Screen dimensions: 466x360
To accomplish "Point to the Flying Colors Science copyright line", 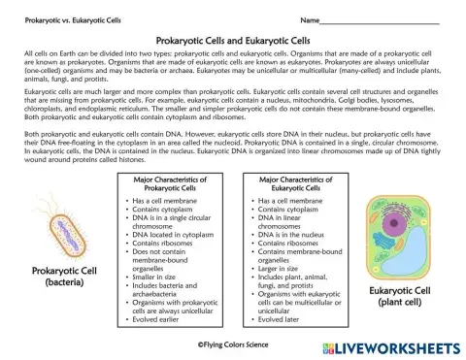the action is [x=233, y=343].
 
